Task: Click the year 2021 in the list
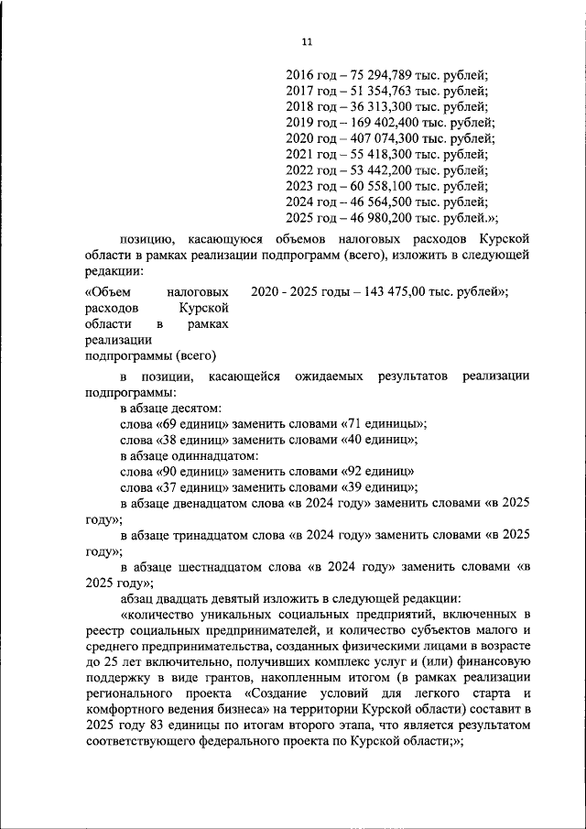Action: pyautogui.click(x=300, y=154)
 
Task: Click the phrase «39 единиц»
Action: pyautogui.click(x=376, y=486)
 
